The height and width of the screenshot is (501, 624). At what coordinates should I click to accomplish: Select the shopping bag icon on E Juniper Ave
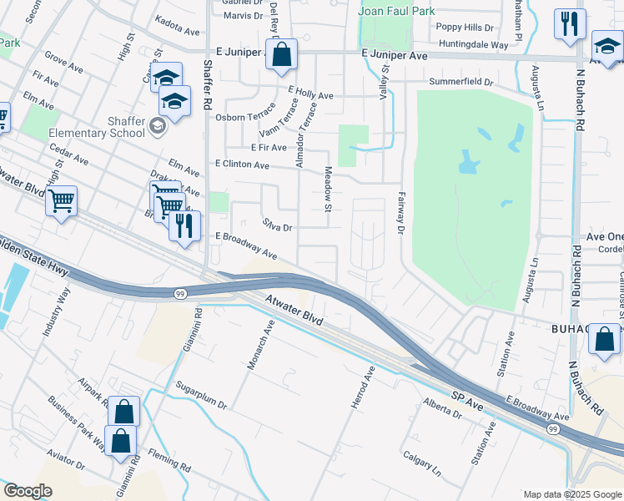pos(282,54)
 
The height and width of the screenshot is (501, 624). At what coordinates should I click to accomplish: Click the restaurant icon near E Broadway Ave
pos(184,225)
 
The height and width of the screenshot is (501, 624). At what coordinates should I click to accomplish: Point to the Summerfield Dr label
pos(461,82)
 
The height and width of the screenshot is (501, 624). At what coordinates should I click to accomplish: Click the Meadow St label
pos(328,200)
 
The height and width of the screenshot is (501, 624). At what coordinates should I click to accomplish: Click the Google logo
pos(28,491)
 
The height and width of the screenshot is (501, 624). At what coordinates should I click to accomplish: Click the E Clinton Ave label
pos(242,165)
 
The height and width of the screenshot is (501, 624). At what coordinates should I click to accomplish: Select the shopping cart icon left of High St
pos(62,201)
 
